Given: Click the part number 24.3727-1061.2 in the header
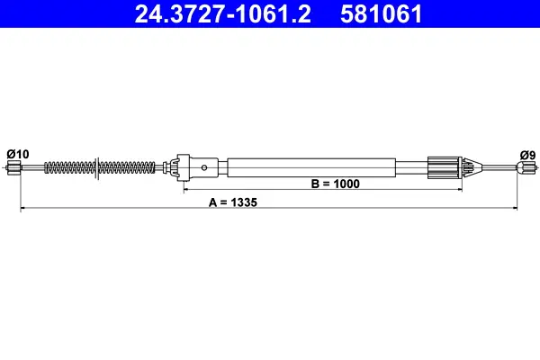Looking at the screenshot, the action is [x=223, y=14].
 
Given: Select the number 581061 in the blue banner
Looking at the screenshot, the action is [x=381, y=14].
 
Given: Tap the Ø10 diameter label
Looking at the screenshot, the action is [x=18, y=154].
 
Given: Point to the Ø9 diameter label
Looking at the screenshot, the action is [x=527, y=155].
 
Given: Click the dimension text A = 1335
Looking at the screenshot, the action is [x=233, y=202].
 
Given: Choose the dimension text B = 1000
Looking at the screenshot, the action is [x=335, y=184].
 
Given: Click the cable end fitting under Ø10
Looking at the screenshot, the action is [x=13, y=167].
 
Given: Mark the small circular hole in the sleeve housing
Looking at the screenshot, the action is [x=204, y=167].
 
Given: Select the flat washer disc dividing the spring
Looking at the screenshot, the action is [x=97, y=167].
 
